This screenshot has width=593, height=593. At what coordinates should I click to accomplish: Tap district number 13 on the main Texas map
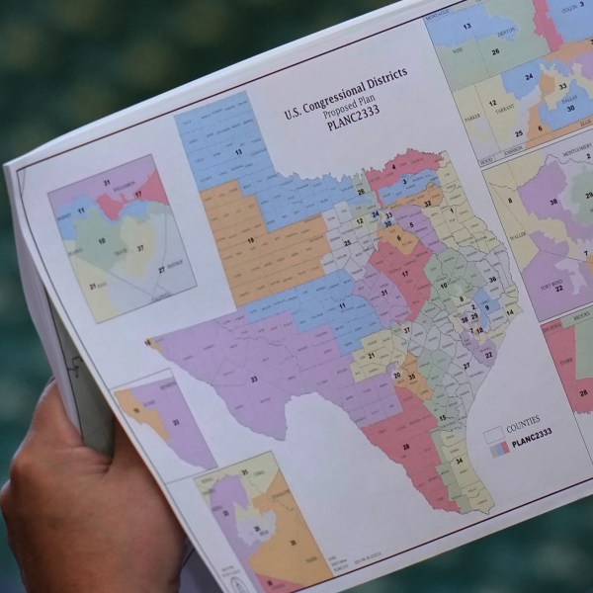point(238,152)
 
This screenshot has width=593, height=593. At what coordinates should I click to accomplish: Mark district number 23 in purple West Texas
point(254,378)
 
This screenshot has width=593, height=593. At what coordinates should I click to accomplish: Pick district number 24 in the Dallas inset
point(531,75)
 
